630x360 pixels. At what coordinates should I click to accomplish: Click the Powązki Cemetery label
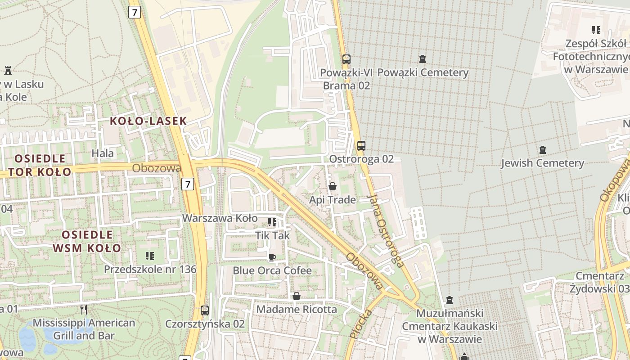click(423, 72)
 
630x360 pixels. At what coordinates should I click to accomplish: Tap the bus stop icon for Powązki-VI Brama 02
click(346, 59)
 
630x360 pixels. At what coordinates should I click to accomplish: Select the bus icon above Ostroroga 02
click(361, 145)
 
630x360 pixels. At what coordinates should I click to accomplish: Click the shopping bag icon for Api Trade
click(333, 186)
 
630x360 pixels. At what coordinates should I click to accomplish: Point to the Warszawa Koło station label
click(220, 218)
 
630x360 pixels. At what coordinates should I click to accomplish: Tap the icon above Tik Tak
click(272, 222)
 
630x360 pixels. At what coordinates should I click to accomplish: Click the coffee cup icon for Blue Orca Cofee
click(272, 257)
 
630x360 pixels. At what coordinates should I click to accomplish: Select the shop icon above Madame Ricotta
click(297, 296)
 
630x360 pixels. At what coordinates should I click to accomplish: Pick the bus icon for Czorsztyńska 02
click(205, 310)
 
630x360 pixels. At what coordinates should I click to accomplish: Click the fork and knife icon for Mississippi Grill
click(83, 309)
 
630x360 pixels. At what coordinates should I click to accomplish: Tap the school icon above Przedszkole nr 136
click(150, 256)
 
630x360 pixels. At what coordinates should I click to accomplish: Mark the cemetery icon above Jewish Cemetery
click(542, 149)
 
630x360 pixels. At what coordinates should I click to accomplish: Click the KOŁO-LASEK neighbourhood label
click(148, 121)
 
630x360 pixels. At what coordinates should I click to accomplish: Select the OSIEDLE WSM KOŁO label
click(87, 241)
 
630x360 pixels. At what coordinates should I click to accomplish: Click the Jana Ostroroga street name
click(385, 230)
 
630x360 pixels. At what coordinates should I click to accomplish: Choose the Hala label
click(103, 153)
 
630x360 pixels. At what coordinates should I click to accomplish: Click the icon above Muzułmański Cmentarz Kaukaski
click(449, 300)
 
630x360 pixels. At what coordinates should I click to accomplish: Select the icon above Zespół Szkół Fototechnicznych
click(596, 30)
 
